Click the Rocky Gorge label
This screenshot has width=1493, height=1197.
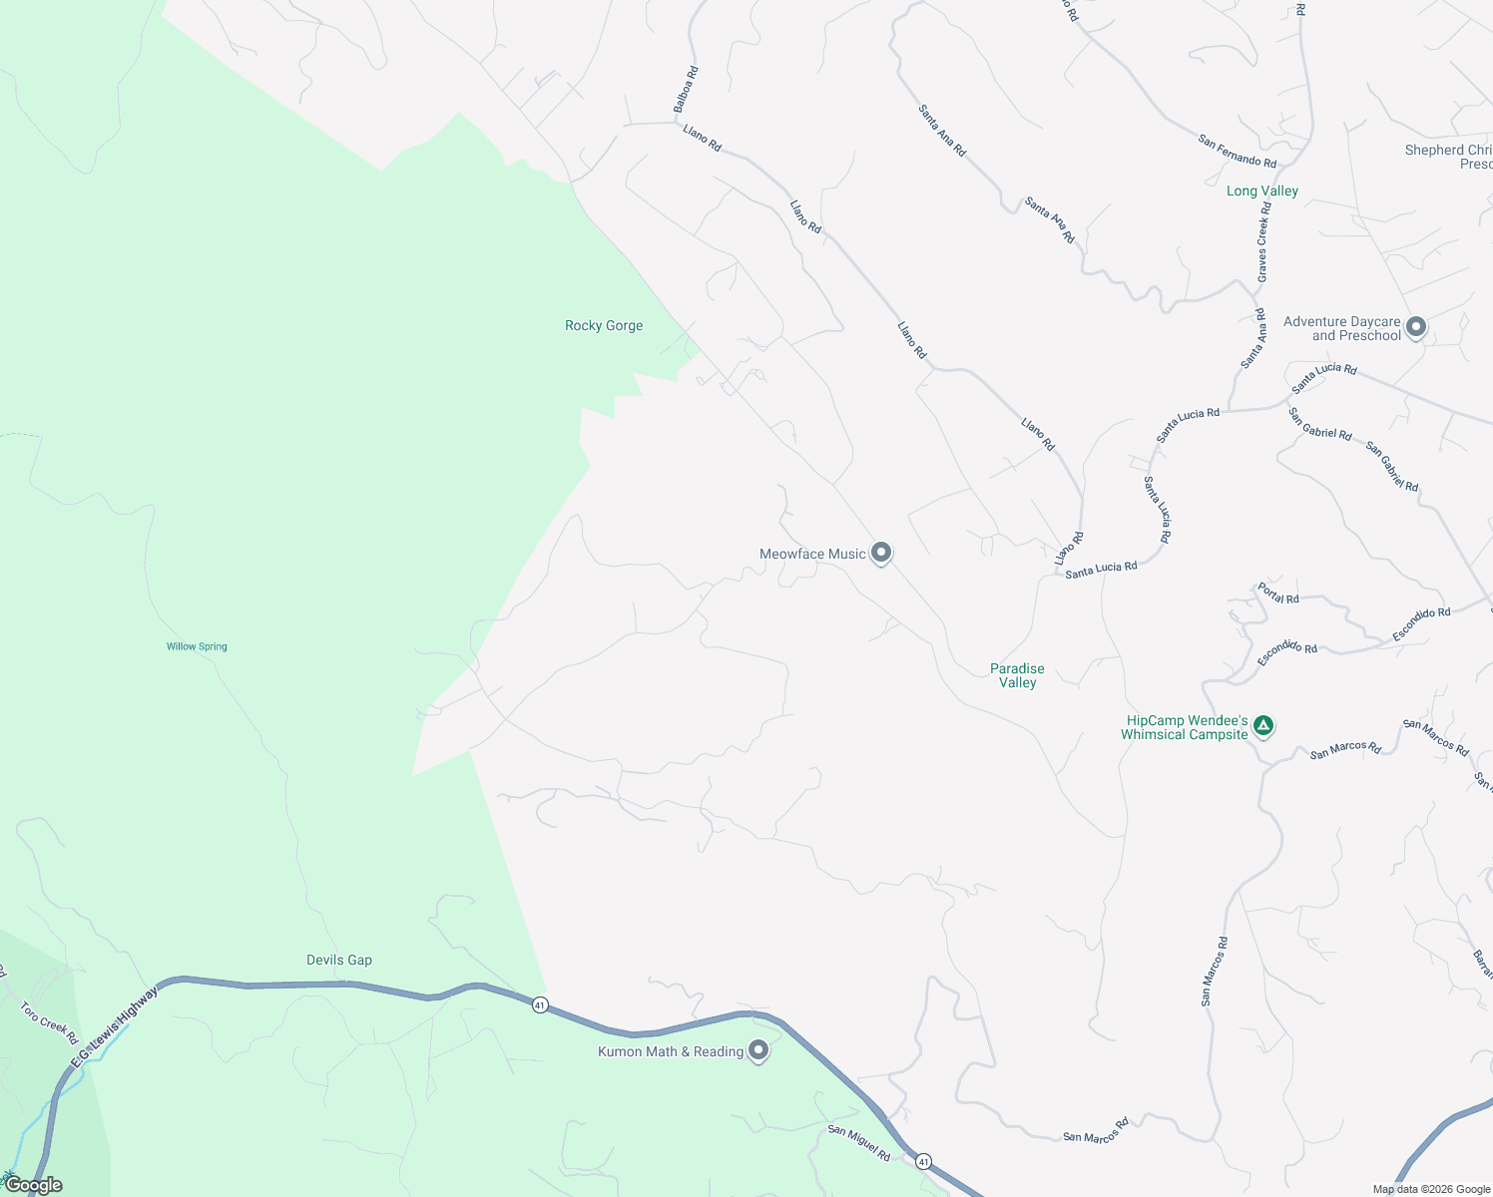click(x=604, y=326)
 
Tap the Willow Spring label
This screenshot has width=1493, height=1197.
click(x=197, y=646)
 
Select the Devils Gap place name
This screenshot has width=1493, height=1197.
click(x=339, y=961)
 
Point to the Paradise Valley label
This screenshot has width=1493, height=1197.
click(x=1017, y=675)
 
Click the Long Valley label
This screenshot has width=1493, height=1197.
click(x=1262, y=192)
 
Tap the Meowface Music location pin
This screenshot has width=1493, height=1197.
click(x=880, y=553)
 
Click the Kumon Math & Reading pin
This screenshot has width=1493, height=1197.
click(x=758, y=1050)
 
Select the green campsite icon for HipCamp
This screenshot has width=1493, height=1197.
click(x=1263, y=725)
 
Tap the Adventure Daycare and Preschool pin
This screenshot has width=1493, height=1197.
click(x=1415, y=326)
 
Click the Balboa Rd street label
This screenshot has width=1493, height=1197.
click(x=686, y=89)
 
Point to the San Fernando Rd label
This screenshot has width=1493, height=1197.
click(x=1238, y=152)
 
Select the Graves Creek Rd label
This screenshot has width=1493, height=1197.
click(x=1263, y=241)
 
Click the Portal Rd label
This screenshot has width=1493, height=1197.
click(x=1277, y=594)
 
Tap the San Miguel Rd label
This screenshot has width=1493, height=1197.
click(x=858, y=1143)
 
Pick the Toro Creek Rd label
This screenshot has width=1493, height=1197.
click(x=49, y=1023)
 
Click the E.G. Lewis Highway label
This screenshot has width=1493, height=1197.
click(x=114, y=1028)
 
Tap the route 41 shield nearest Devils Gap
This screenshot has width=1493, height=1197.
click(x=540, y=1004)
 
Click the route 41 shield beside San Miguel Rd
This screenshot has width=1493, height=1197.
click(x=923, y=1161)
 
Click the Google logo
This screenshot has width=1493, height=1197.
click(x=33, y=1185)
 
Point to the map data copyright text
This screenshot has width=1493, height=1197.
click(x=1431, y=1189)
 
